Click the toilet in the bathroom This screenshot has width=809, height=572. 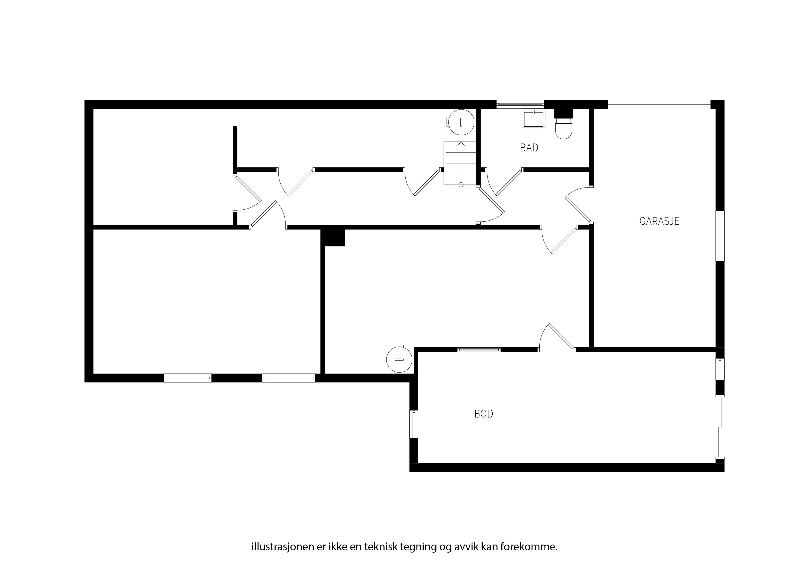tap(563, 128)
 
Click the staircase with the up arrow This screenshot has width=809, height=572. tap(460, 163)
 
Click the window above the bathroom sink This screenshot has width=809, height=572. tap(520, 104)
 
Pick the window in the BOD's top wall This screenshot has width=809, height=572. tap(479, 350)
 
